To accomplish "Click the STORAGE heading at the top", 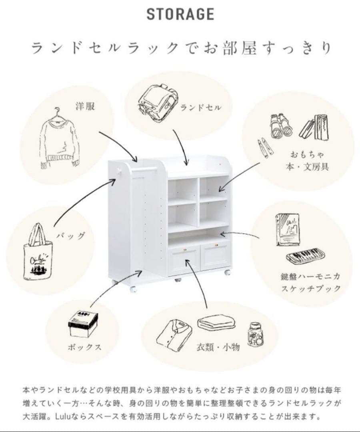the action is [180, 14].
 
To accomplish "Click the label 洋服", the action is [85, 106].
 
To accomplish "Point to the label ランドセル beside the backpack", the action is [201, 108].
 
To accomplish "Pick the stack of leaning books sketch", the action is [314, 128].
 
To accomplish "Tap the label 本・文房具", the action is [307, 167].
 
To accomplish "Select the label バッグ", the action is [71, 236].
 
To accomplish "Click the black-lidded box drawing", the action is [83, 324].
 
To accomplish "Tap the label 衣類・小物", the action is [218, 347].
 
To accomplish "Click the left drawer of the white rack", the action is [184, 260].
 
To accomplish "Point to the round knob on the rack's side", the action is [119, 171].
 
